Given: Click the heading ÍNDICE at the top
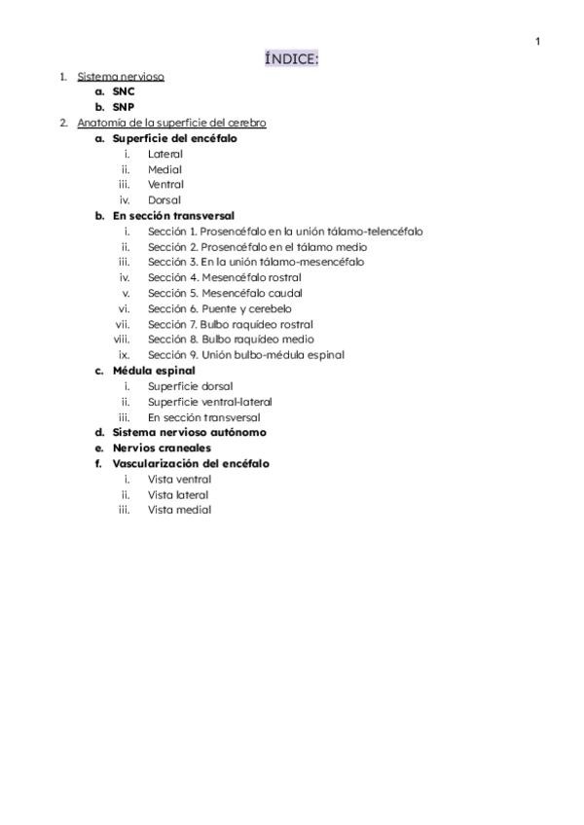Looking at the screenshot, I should click(x=291, y=60).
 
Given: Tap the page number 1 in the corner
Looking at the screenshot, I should click(x=537, y=41).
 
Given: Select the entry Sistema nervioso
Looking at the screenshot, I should click(x=121, y=76).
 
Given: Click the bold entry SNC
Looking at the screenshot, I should click(x=124, y=91).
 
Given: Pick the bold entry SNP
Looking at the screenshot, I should click(x=124, y=107).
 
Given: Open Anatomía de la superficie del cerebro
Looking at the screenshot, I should click(x=171, y=123).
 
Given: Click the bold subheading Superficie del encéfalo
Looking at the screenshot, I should click(x=174, y=138).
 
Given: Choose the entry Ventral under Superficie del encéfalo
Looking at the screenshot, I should click(x=165, y=185).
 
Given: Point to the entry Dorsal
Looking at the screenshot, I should click(x=164, y=200).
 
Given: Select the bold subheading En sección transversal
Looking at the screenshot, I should click(x=173, y=216).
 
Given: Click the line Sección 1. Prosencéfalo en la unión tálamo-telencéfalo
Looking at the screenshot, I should click(x=285, y=232).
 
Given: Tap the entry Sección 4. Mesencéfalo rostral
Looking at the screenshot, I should click(x=224, y=277).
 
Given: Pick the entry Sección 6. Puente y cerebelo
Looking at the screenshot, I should click(x=219, y=308).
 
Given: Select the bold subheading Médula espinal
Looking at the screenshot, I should click(x=154, y=371).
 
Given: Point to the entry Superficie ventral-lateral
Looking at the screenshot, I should click(x=209, y=402).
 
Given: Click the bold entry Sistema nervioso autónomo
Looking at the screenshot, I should click(x=189, y=432).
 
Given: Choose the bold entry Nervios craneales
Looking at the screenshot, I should click(x=162, y=448).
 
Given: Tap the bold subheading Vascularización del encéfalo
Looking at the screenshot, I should click(x=191, y=464).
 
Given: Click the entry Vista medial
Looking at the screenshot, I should click(x=179, y=510).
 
